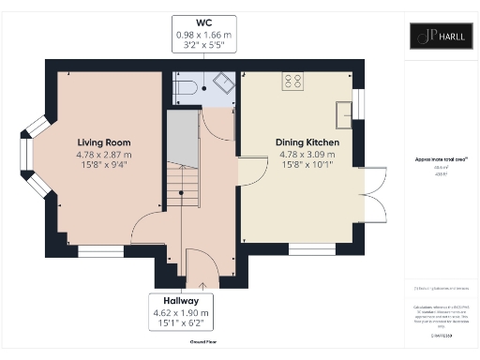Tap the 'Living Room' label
pos(103,141)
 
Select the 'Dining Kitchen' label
pos(307,142)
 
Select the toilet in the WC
pos(185,87)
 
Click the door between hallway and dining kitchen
pos(248,172)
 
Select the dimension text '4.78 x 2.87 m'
pos(103,156)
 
